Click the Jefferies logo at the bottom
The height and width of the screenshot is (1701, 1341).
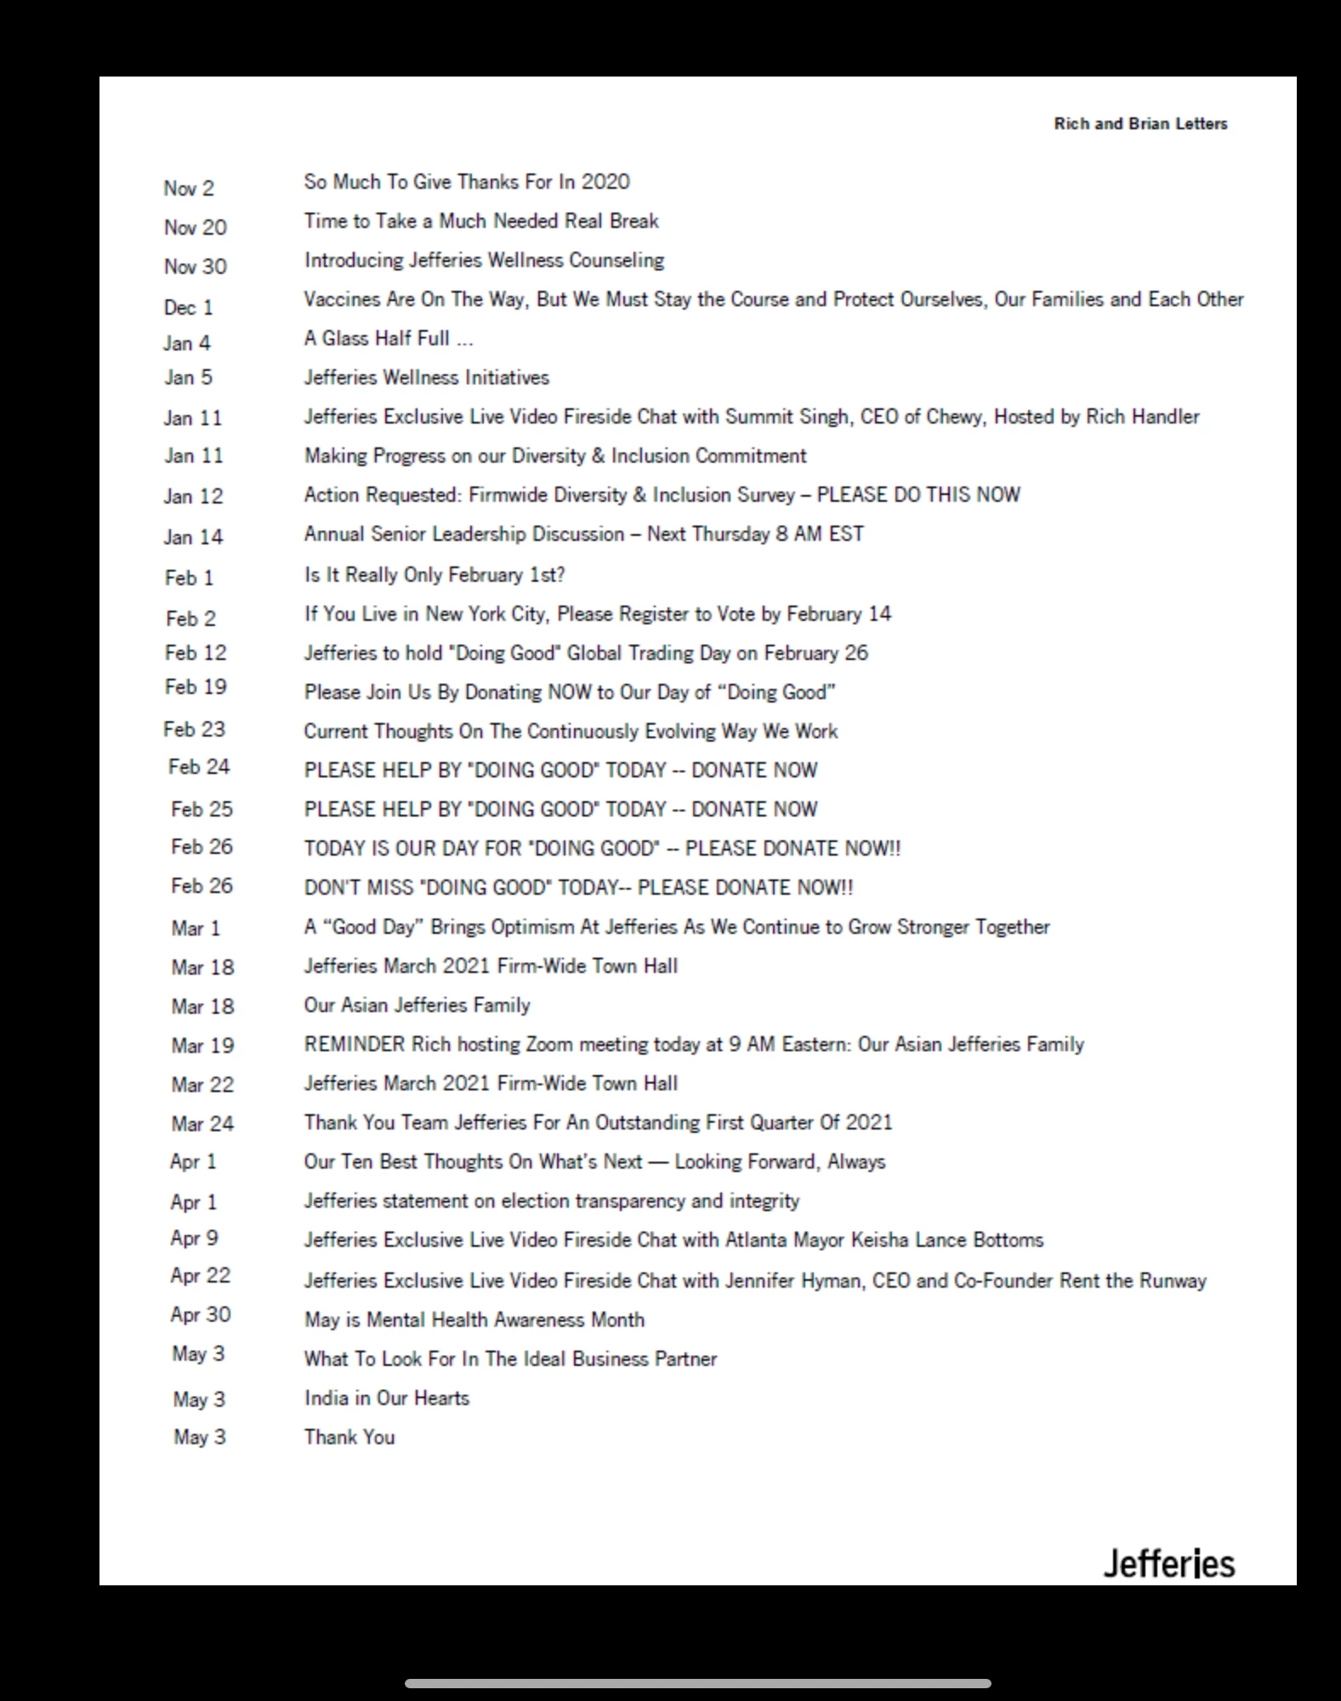click(1169, 1564)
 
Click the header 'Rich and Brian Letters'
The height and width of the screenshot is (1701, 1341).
click(1140, 124)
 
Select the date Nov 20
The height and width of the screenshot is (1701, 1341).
click(196, 228)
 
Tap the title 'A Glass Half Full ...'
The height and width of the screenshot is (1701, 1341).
click(389, 338)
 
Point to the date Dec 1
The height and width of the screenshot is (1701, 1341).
click(189, 307)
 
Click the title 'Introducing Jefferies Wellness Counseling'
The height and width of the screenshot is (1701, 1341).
click(484, 260)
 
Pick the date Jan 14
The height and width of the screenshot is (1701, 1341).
click(194, 538)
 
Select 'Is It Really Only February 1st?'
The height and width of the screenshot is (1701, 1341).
click(435, 575)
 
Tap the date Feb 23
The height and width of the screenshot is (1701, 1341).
click(195, 730)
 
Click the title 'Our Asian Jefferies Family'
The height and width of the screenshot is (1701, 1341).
click(417, 1005)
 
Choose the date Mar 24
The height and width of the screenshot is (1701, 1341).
click(202, 1124)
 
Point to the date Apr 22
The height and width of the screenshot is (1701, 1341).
click(201, 1276)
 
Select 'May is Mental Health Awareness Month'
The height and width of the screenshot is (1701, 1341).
click(474, 1320)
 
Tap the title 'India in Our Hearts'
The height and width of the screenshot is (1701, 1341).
click(387, 1398)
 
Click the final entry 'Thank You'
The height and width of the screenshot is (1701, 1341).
click(349, 1437)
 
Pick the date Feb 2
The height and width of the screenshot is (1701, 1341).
click(191, 619)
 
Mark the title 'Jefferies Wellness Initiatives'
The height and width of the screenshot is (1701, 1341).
click(427, 378)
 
